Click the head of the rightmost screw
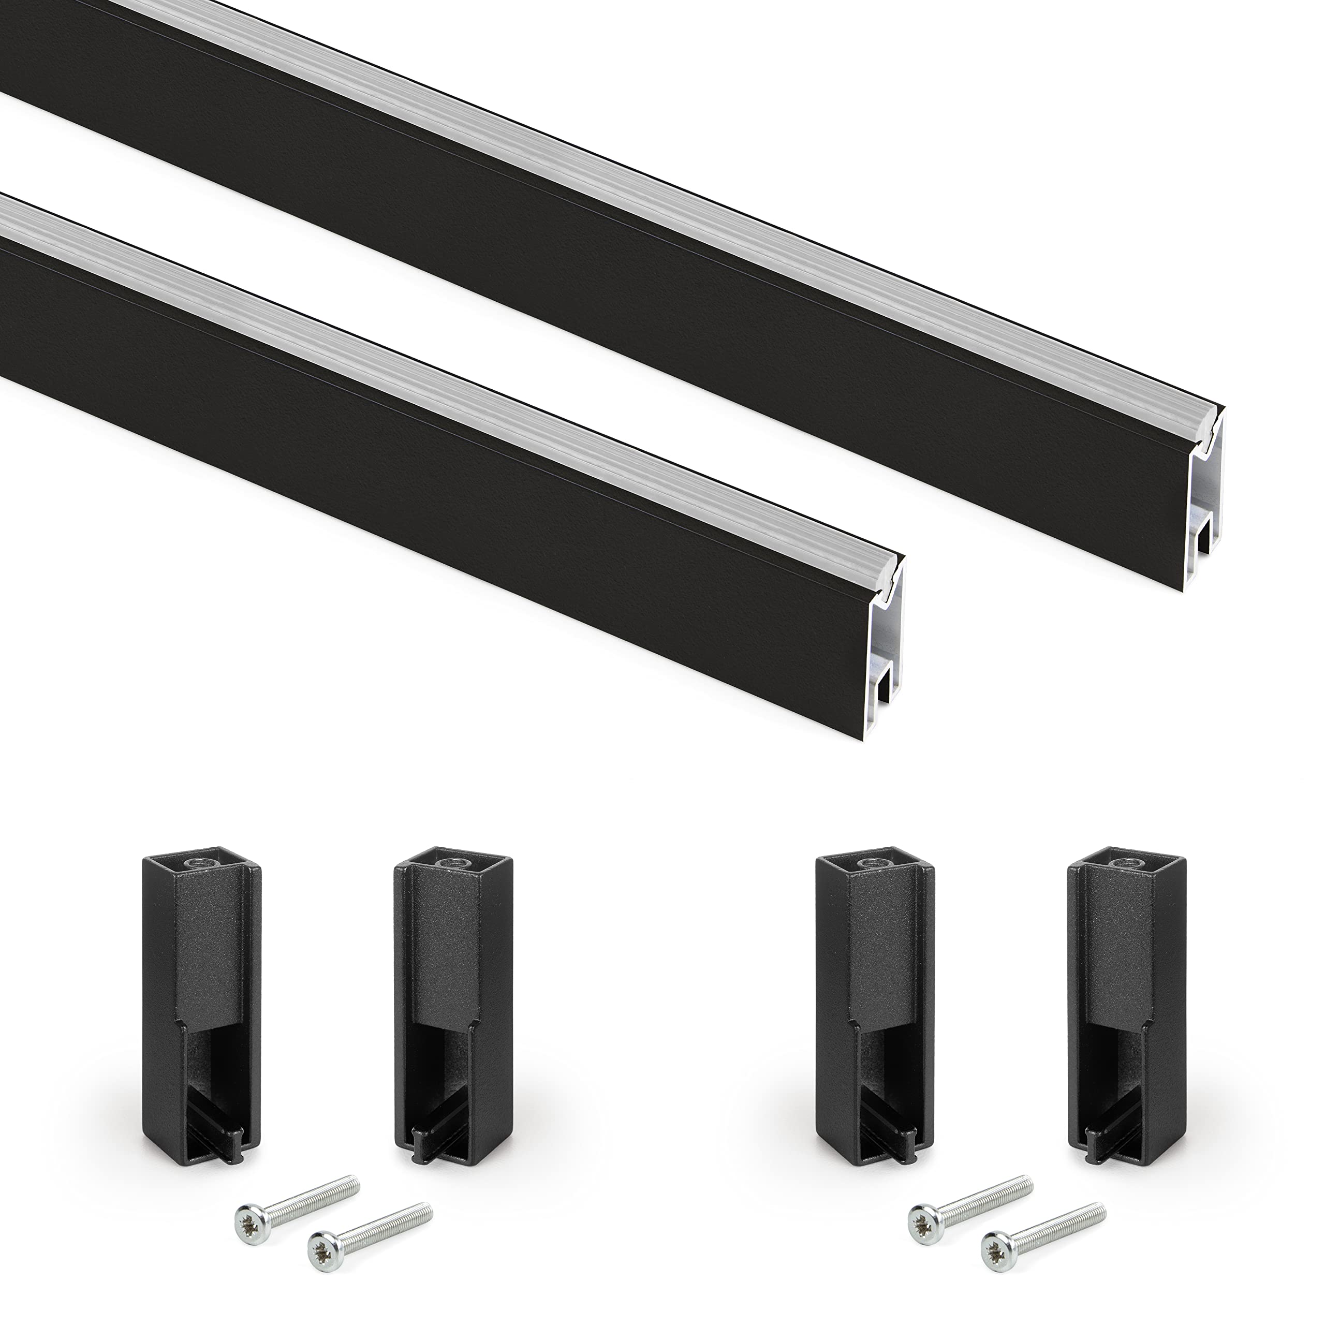click(x=994, y=1241)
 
